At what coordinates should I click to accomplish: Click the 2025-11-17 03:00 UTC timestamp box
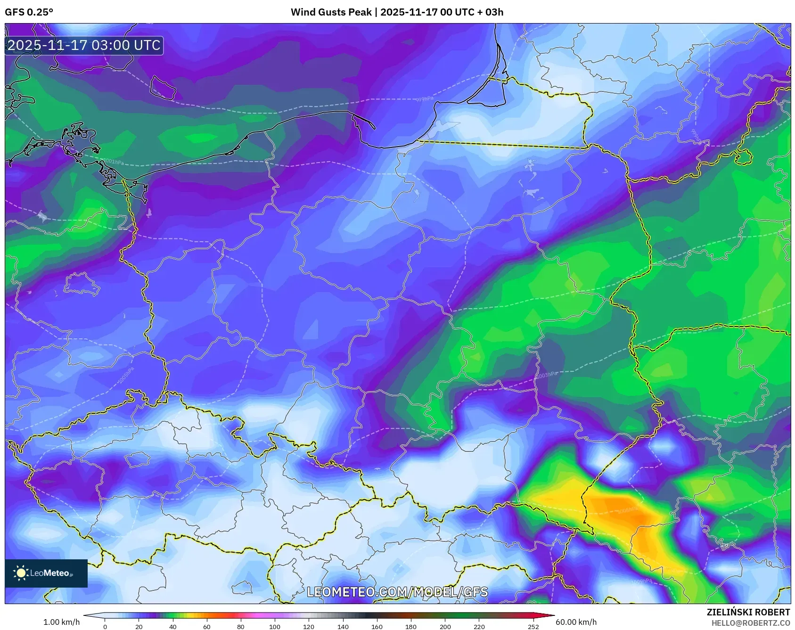pos(84,45)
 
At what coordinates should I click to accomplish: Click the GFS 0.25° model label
pos(29,12)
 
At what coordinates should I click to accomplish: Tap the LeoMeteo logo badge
pos(46,573)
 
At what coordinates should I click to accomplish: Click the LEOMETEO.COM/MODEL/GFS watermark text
pos(397,592)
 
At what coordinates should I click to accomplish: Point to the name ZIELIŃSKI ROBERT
pos(748,612)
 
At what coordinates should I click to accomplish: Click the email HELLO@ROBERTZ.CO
pos(750,623)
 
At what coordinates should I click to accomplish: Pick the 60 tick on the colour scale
pos(206,626)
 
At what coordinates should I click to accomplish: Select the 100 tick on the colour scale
pos(274,626)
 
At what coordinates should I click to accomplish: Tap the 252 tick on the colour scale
pos(533,626)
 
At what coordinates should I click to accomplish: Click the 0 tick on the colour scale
pos(105,626)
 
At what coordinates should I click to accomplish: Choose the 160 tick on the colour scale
pos(377,626)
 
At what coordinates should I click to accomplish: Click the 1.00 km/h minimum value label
pos(61,622)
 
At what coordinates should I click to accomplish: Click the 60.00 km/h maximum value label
pos(576,622)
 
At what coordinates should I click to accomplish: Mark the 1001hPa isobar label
pos(114,162)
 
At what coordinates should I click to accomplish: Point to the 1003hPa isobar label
pos(547,375)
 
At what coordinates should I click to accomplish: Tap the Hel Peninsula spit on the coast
pos(363,121)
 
